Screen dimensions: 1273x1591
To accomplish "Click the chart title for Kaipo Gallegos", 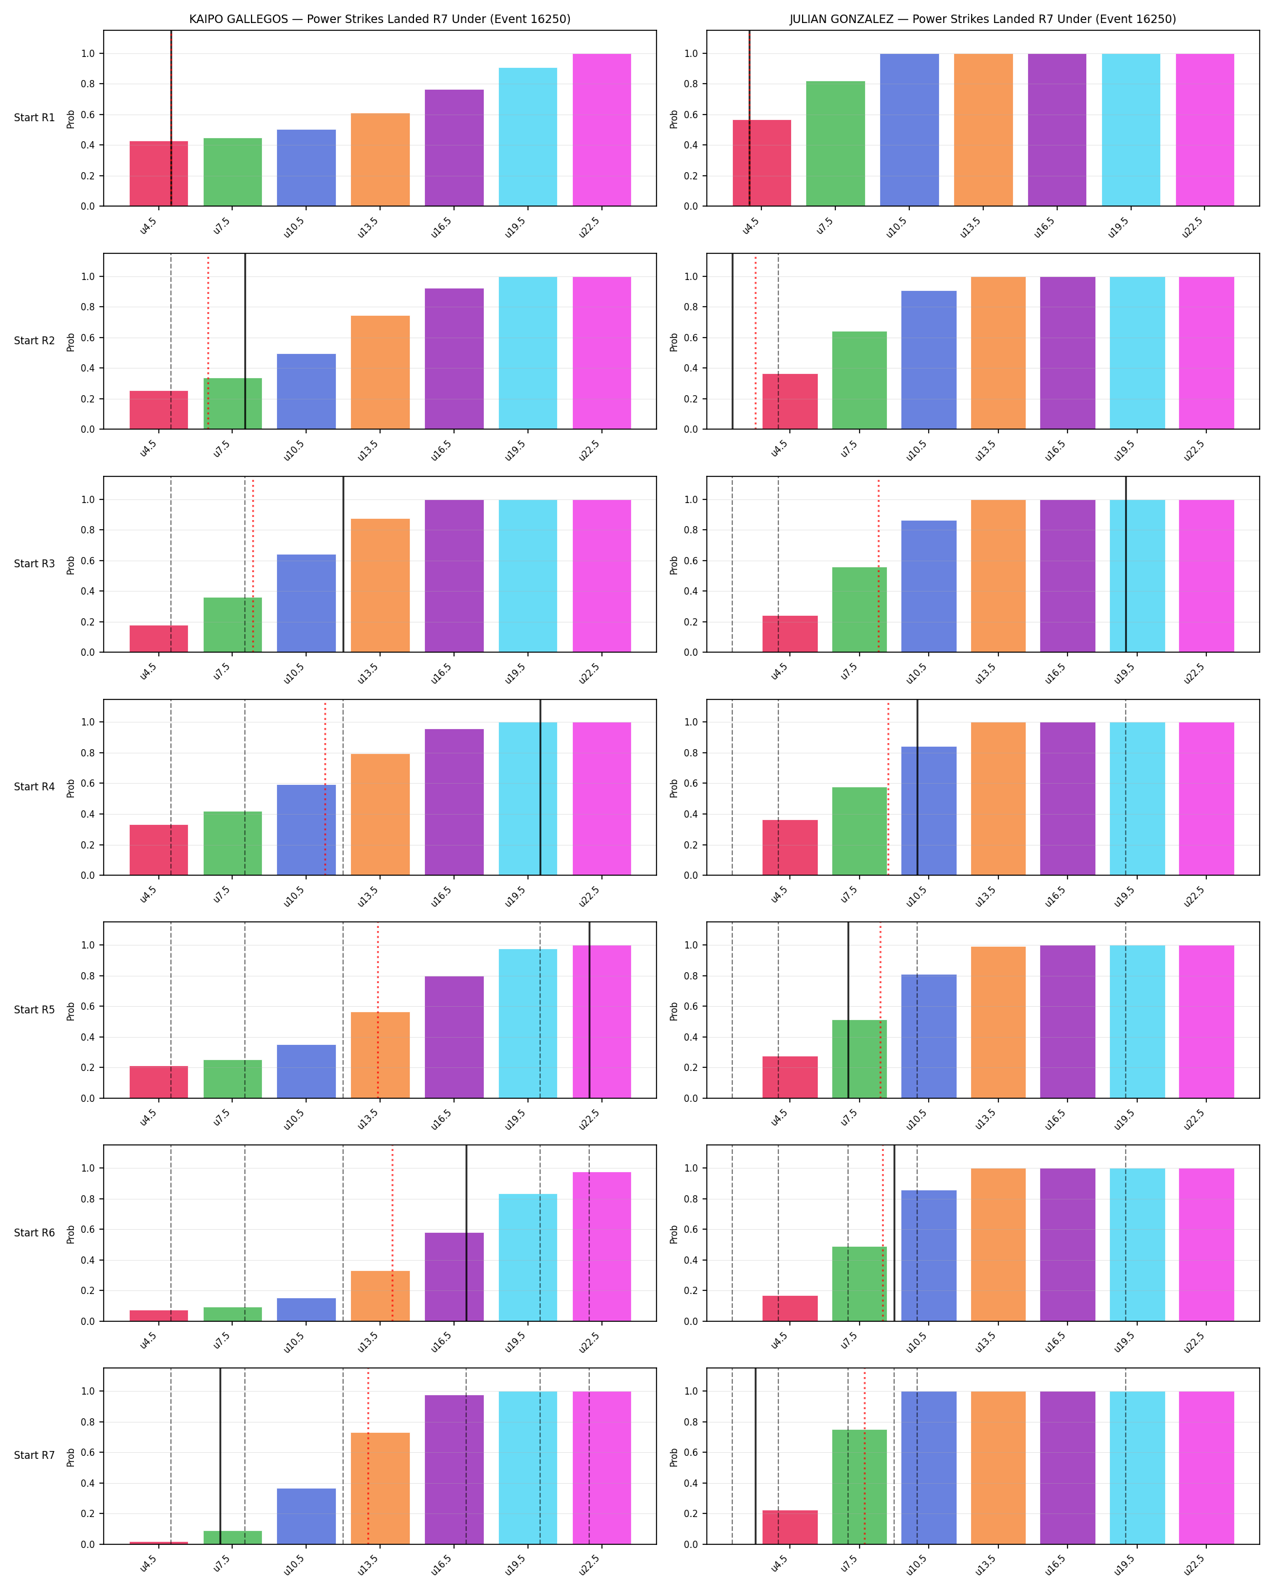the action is pyautogui.click(x=379, y=19).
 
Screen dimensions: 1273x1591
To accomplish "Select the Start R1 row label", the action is pyautogui.click(x=34, y=118).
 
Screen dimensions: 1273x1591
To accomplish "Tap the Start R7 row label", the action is pyautogui.click(x=34, y=1455).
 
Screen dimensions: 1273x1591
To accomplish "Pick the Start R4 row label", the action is pyautogui.click(x=34, y=787).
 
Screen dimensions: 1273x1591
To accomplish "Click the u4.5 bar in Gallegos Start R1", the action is pyautogui.click(x=159, y=173).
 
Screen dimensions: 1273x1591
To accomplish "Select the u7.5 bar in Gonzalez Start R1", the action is pyautogui.click(x=835, y=143).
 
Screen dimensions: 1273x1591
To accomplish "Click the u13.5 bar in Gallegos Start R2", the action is pyautogui.click(x=380, y=372).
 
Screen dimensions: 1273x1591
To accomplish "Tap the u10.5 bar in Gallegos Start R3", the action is pyautogui.click(x=306, y=603).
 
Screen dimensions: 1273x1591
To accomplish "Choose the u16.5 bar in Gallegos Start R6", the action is pyautogui.click(x=454, y=1276).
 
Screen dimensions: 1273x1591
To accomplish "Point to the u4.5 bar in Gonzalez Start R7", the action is pyautogui.click(x=790, y=1527).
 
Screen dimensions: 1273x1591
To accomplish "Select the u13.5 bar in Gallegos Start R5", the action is pyautogui.click(x=380, y=1055).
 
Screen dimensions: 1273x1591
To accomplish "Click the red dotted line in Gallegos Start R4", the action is pyautogui.click(x=325, y=787).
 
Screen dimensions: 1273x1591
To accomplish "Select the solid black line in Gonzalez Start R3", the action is pyautogui.click(x=1126, y=564).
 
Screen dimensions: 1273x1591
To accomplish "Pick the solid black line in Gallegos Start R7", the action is pyautogui.click(x=220, y=1456).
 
